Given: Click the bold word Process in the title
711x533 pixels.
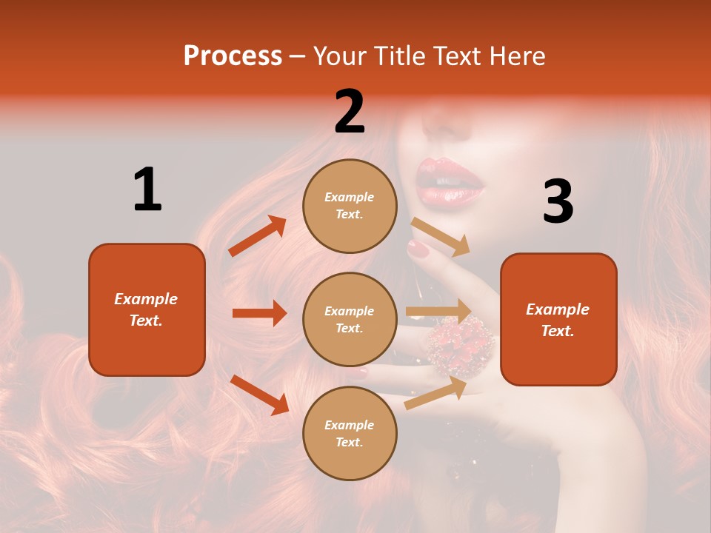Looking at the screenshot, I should point(233,56).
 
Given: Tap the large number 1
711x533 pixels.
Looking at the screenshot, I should point(147,190).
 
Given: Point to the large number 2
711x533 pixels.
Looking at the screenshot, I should point(350,112).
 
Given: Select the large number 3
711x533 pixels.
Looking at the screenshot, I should point(558,202).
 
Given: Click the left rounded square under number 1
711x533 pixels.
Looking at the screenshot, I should point(147,309).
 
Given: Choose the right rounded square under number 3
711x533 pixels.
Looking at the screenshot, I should point(558,319).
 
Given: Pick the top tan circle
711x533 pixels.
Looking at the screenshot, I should point(350,206).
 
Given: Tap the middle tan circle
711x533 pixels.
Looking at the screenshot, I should point(350,319).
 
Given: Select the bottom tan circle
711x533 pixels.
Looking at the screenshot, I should point(350,433).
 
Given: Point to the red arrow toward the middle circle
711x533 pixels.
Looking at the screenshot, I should point(259,313).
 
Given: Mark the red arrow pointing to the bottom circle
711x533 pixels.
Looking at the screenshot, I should point(259,395).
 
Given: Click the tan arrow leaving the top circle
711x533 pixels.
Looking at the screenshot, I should point(441,236).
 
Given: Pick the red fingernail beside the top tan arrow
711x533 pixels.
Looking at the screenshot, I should point(418,249).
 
